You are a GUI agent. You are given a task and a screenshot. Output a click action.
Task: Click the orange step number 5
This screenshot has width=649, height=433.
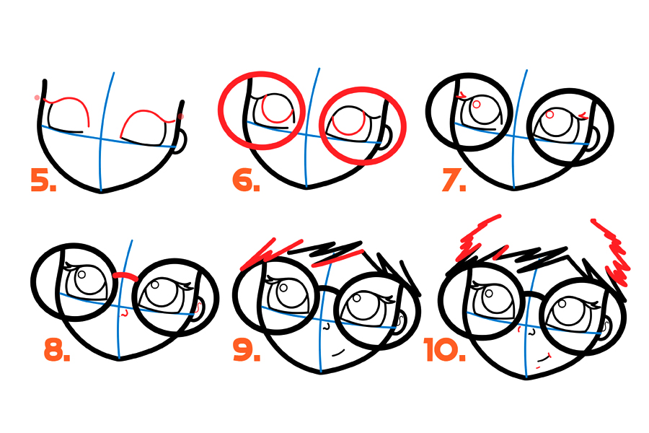pos(43,180)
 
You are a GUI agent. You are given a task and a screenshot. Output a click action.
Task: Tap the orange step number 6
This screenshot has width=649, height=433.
pos(247,180)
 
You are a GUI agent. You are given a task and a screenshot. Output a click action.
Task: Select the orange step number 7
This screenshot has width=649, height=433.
pos(454,180)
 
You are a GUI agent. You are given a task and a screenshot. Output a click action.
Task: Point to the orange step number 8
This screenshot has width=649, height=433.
pos(57,350)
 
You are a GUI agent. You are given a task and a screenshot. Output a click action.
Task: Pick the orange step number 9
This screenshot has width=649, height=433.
pos(247,350)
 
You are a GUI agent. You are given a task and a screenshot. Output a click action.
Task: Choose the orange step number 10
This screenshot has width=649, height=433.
pos(445,350)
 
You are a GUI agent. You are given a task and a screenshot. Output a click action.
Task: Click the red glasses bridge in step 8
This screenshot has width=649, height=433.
pos(125,276)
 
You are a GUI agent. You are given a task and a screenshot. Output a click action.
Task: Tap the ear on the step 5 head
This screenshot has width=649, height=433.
pos(180,141)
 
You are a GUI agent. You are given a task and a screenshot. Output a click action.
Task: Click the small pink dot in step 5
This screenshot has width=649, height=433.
pos(37,98)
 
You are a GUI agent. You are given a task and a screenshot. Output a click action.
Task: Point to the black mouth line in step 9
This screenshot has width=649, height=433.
pos(338,353)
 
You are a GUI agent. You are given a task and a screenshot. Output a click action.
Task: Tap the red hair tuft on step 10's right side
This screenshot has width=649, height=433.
pos(612,253)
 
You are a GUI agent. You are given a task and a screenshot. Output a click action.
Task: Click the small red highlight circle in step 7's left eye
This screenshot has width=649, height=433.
pos(476,105)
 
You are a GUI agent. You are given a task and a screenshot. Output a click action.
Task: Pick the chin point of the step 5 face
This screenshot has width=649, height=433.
pos(101,191)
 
